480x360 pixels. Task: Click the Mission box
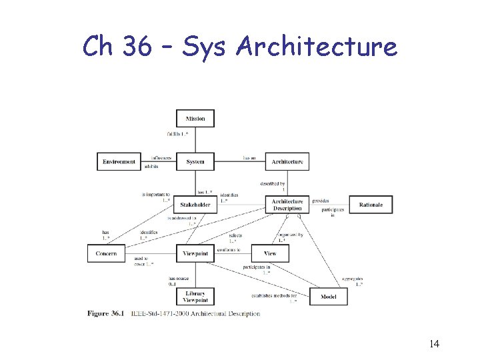195,119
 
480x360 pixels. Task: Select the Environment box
119,161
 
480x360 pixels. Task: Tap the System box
195,161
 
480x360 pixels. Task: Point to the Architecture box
287,161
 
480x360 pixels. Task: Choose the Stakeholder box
195,205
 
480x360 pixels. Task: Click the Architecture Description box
287,205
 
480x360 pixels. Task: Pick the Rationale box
371,205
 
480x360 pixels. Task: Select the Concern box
106,253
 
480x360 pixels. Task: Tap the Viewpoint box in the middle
195,253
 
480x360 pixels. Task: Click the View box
269,253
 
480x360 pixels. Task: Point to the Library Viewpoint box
195,297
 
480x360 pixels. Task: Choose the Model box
329,297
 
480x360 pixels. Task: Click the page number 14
434,344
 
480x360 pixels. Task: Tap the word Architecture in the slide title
317,47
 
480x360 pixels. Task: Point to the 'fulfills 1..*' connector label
177,134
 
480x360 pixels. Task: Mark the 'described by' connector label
273,183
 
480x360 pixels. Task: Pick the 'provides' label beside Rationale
321,201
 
